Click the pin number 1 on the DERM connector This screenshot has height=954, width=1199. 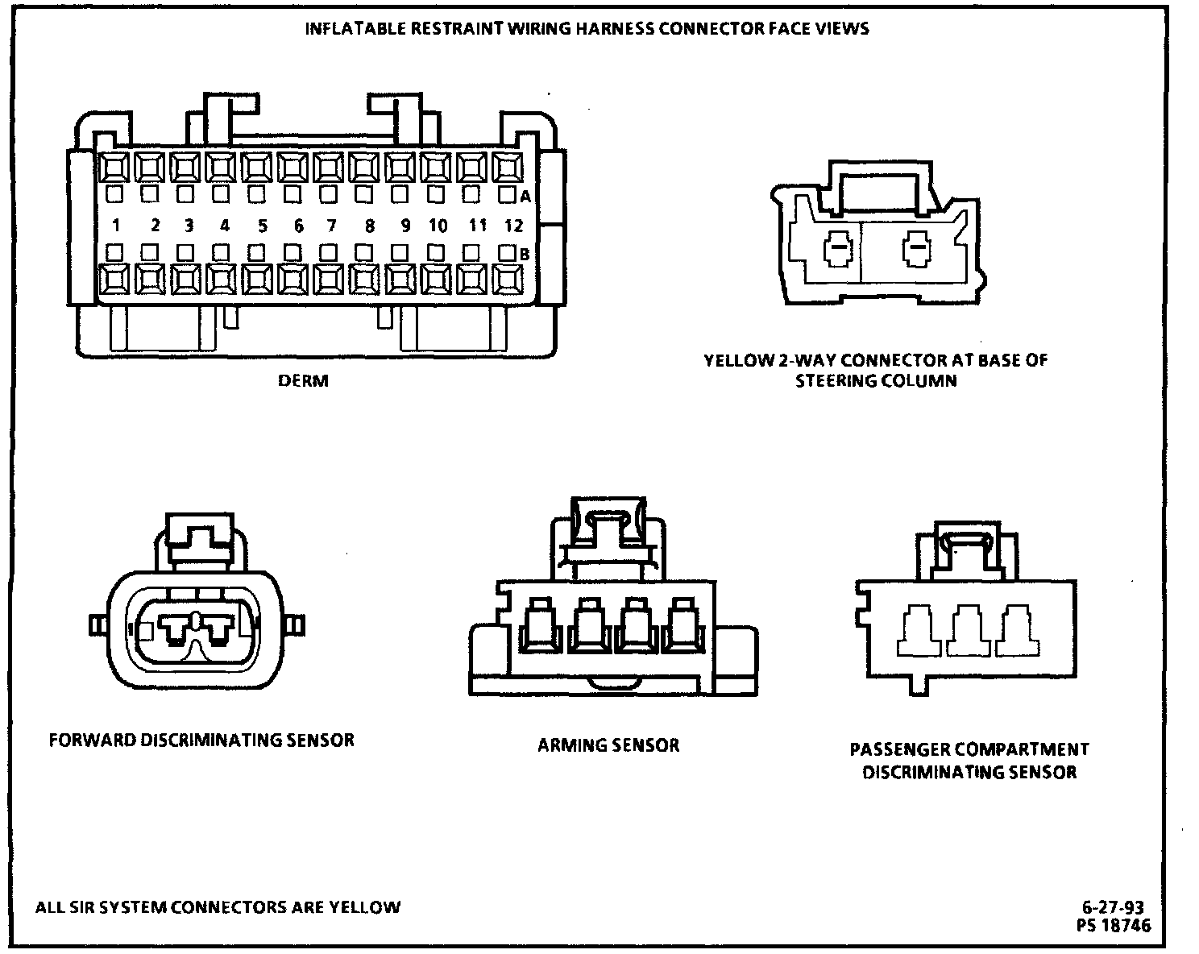(x=117, y=226)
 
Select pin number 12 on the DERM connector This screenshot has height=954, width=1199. (x=513, y=226)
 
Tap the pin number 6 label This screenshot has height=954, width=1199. (x=298, y=226)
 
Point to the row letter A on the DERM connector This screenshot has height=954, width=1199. (x=525, y=196)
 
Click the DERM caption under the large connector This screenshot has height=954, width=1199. (x=303, y=380)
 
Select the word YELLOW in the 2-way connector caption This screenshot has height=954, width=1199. (x=736, y=360)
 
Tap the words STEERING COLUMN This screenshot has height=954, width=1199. (x=876, y=381)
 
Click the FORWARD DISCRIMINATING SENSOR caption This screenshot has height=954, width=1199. (x=201, y=740)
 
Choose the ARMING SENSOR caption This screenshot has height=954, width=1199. (x=608, y=745)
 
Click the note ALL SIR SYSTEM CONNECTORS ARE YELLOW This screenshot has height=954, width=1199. (x=218, y=907)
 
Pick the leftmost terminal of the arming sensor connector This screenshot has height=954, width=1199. (x=538, y=627)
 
